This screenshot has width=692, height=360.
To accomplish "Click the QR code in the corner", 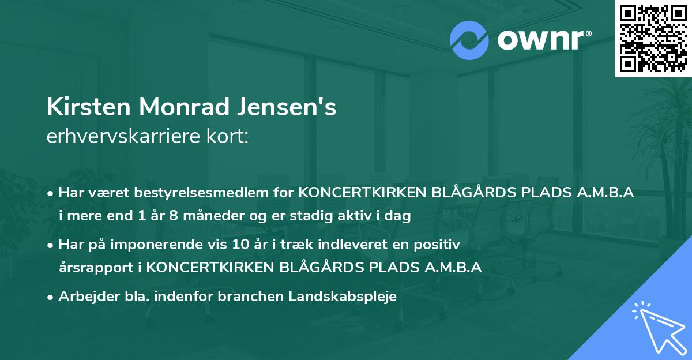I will click(653, 38).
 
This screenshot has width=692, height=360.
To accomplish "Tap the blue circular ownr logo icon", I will click(468, 40).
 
